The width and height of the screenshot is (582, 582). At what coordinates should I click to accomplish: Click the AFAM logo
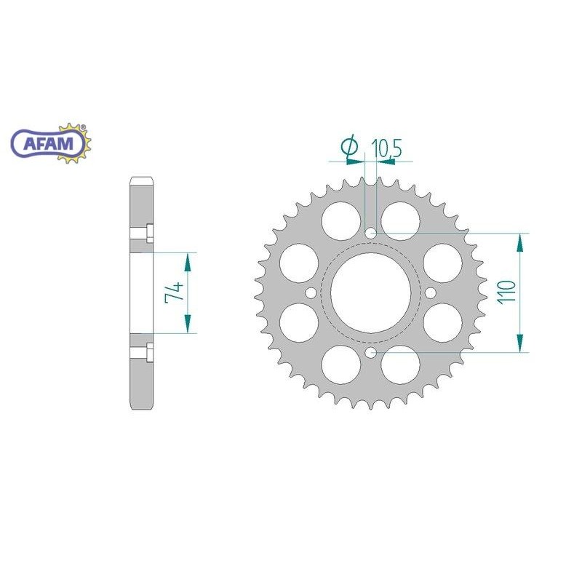point(51,143)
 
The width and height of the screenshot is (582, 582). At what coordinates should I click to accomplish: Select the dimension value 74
point(175,293)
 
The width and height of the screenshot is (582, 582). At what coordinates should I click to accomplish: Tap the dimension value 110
point(507,293)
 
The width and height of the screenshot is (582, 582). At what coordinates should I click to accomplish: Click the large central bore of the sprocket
point(371,293)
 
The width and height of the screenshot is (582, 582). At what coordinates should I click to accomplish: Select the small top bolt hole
point(371,234)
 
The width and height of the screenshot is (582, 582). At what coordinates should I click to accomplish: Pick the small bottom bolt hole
point(371,353)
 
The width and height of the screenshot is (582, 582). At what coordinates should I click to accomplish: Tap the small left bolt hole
point(311,293)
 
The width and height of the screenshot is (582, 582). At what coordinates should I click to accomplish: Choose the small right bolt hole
point(431,293)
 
